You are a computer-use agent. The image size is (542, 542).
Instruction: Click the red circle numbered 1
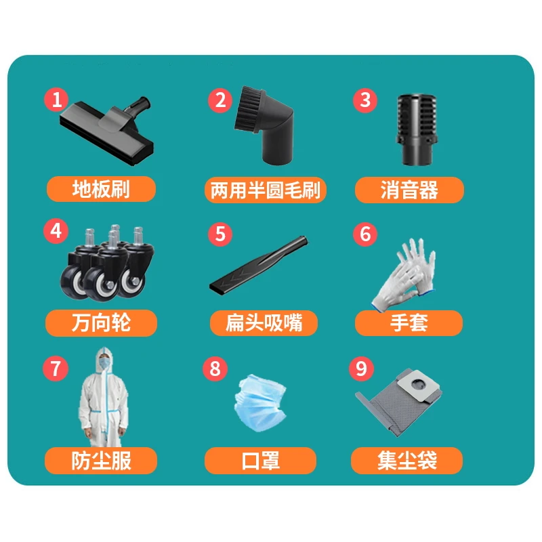pos(57,100)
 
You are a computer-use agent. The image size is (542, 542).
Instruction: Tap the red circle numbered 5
pos(220,234)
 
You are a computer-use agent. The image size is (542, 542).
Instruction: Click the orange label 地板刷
pos(101,189)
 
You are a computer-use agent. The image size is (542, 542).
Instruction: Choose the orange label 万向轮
pos(101,323)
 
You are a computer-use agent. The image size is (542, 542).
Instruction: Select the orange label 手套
pos(409,323)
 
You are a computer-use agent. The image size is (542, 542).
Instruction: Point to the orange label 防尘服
pos(101,461)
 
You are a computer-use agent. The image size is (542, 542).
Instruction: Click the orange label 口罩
pos(261,461)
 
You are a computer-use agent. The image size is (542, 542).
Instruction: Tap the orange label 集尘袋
pos(407,461)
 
